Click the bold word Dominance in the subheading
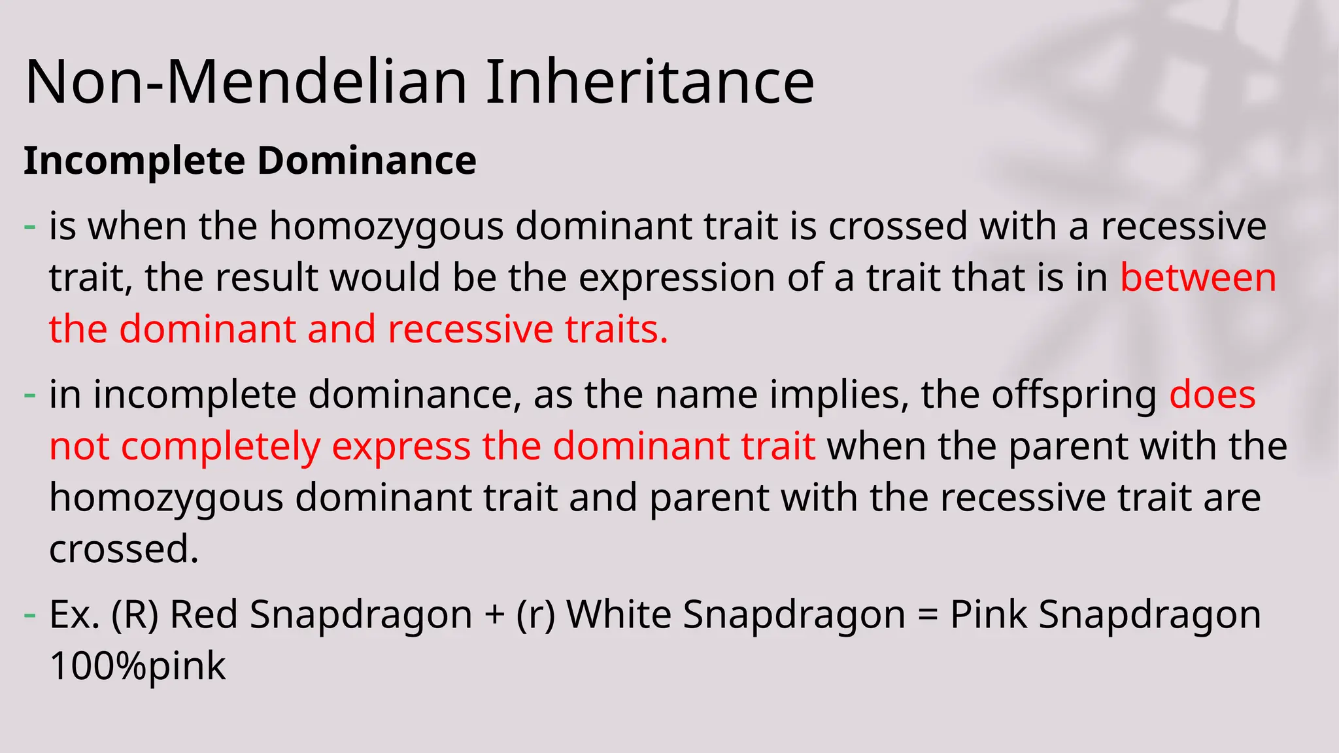pyautogui.click(x=367, y=161)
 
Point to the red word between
pyautogui.click(x=1198, y=277)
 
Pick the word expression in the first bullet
pyautogui.click(x=677, y=278)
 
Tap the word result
pyautogui.click(x=267, y=277)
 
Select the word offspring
pyautogui.click(x=1074, y=395)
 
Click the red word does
pyautogui.click(x=1212, y=395)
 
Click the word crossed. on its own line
pyautogui.click(x=124, y=548)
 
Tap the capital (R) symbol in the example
pyautogui.click(x=135, y=615)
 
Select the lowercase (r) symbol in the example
pyautogui.click(x=535, y=615)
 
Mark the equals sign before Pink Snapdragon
pyautogui.click(x=927, y=616)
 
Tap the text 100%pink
pyautogui.click(x=137, y=666)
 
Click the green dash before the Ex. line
pyautogui.click(x=30, y=615)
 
